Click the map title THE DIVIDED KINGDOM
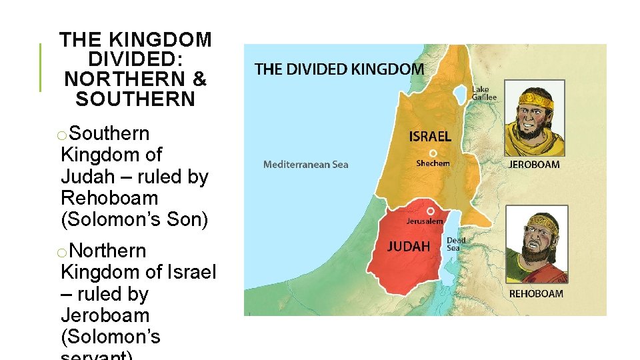click(339, 69)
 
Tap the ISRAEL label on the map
click(429, 137)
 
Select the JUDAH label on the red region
click(409, 247)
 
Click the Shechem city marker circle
click(433, 153)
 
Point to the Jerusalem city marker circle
click(431, 211)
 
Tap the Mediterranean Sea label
click(305, 165)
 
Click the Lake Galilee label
click(484, 93)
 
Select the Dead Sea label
click(456, 244)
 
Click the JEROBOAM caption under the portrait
click(535, 165)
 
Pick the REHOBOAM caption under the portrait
click(536, 293)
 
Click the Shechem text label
click(433, 163)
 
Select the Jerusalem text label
click(425, 221)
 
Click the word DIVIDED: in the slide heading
click(135, 59)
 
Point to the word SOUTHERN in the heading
click(135, 100)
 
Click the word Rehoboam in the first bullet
click(109, 198)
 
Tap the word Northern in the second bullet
click(107, 251)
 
